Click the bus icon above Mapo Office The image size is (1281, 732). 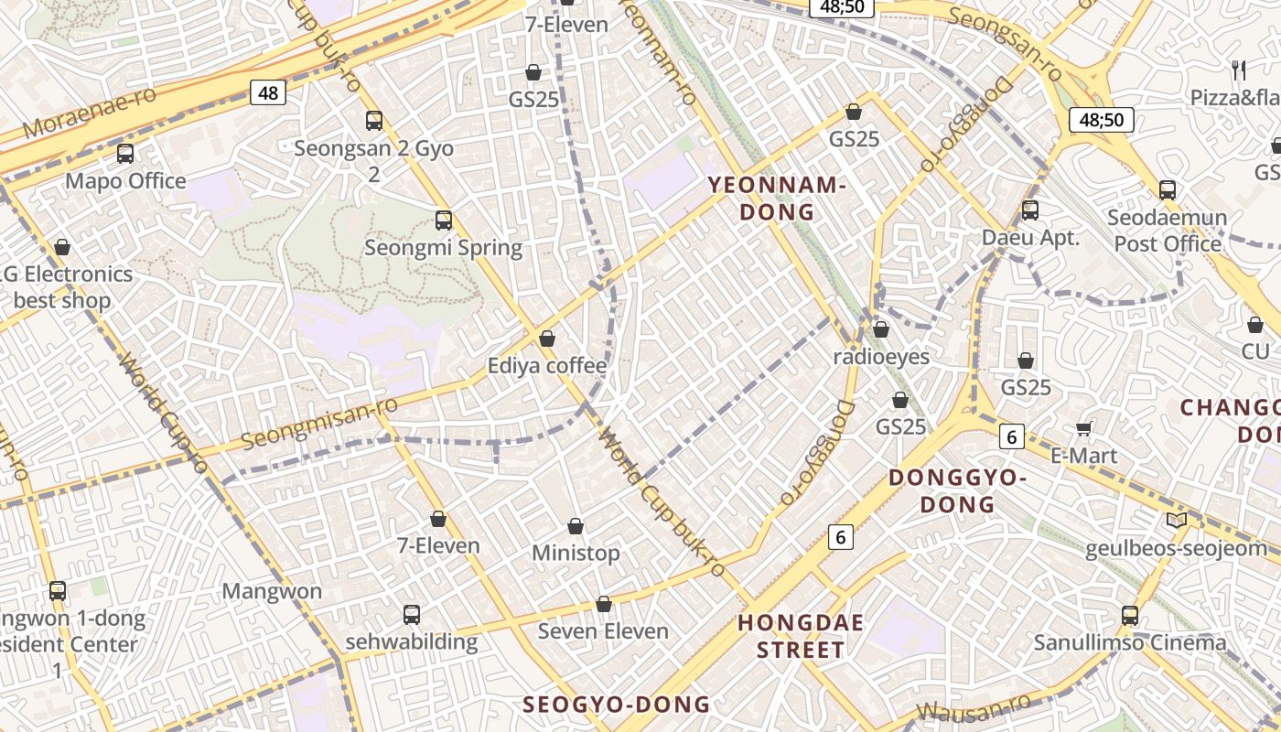pyautogui.click(x=125, y=154)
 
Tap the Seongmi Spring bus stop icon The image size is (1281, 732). pyautogui.click(x=444, y=220)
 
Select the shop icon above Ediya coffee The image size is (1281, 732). pyautogui.click(x=547, y=339)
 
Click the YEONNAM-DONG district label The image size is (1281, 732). pyautogui.click(x=775, y=199)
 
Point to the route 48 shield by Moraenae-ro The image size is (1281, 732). pyautogui.click(x=268, y=92)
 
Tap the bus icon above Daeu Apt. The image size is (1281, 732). pyautogui.click(x=1030, y=210)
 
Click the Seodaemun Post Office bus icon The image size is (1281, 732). pyautogui.click(x=1168, y=190)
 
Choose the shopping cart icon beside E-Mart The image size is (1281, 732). pyautogui.click(x=1084, y=428)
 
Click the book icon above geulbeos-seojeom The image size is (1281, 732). pyautogui.click(x=1177, y=521)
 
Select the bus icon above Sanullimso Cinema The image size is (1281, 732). pyautogui.click(x=1130, y=615)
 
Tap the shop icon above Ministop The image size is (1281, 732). pyautogui.click(x=576, y=526)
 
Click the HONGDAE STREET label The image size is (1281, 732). pyautogui.click(x=801, y=637)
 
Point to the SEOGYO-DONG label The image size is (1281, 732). pyautogui.click(x=616, y=704)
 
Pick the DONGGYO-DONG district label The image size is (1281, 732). pyautogui.click(x=957, y=490)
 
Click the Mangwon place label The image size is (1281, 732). pyautogui.click(x=272, y=591)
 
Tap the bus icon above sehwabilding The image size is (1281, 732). pyautogui.click(x=412, y=614)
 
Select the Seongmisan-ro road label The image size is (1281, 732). pyautogui.click(x=320, y=423)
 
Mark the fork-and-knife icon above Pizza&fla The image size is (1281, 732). pyautogui.click(x=1239, y=70)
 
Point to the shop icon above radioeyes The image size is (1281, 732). pyautogui.click(x=881, y=328)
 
